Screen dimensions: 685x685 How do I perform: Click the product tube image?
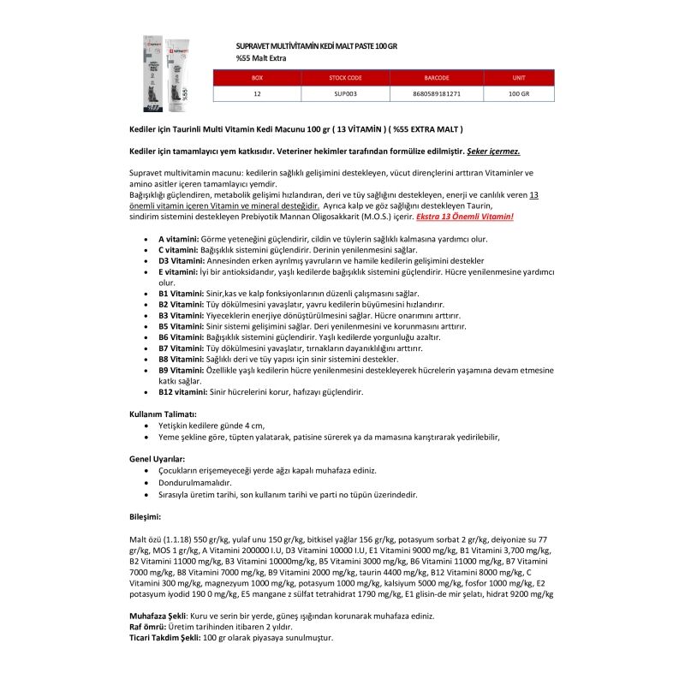point(167,74)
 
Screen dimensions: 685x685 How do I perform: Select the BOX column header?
point(257,77)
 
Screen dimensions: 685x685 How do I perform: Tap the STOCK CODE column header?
point(345,77)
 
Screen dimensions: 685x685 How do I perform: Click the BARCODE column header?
point(437,77)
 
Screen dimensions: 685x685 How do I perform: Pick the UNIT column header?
point(518,77)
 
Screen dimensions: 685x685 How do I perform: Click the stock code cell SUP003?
point(345,93)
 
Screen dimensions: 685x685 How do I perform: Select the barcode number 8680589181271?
point(437,93)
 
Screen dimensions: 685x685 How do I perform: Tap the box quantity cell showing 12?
point(257,93)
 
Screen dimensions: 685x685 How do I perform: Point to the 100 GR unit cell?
point(518,93)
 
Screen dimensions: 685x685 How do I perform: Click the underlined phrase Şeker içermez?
point(493,151)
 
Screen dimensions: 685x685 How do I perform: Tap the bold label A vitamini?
point(178,239)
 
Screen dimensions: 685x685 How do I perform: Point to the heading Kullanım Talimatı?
point(163,414)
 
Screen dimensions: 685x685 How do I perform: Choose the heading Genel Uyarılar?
point(157,459)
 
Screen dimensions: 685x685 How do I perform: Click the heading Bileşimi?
point(144,516)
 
